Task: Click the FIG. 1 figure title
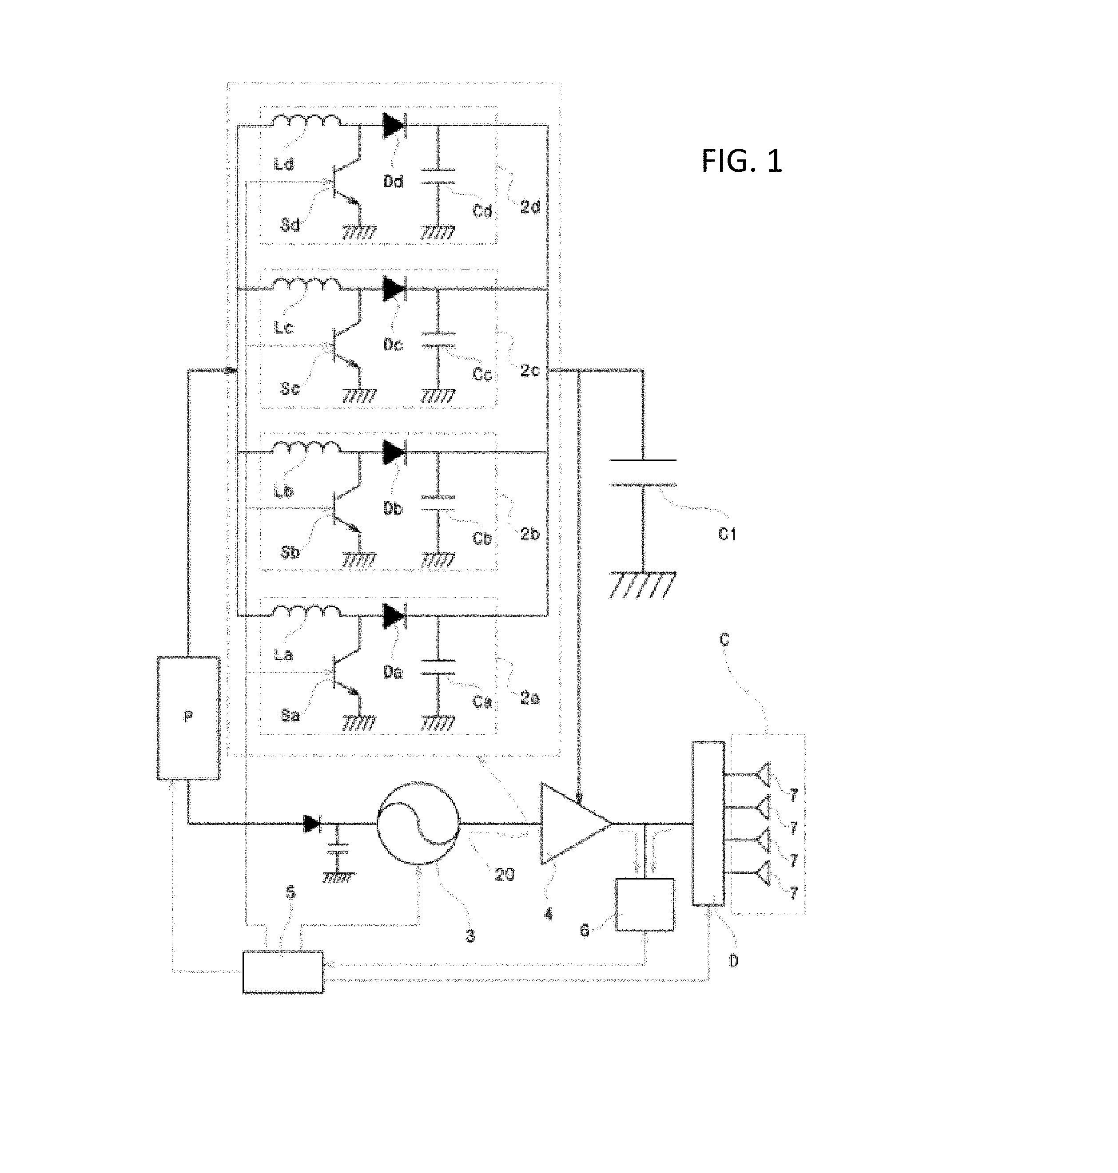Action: click(742, 161)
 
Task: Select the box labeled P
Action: click(188, 718)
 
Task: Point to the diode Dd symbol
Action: click(394, 126)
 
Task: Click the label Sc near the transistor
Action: click(290, 388)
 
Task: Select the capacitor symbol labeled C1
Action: click(643, 472)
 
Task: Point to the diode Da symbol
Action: click(394, 616)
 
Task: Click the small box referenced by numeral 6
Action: click(645, 905)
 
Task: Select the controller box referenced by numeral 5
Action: click(283, 973)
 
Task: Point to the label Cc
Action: click(482, 374)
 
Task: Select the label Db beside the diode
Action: click(393, 509)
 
